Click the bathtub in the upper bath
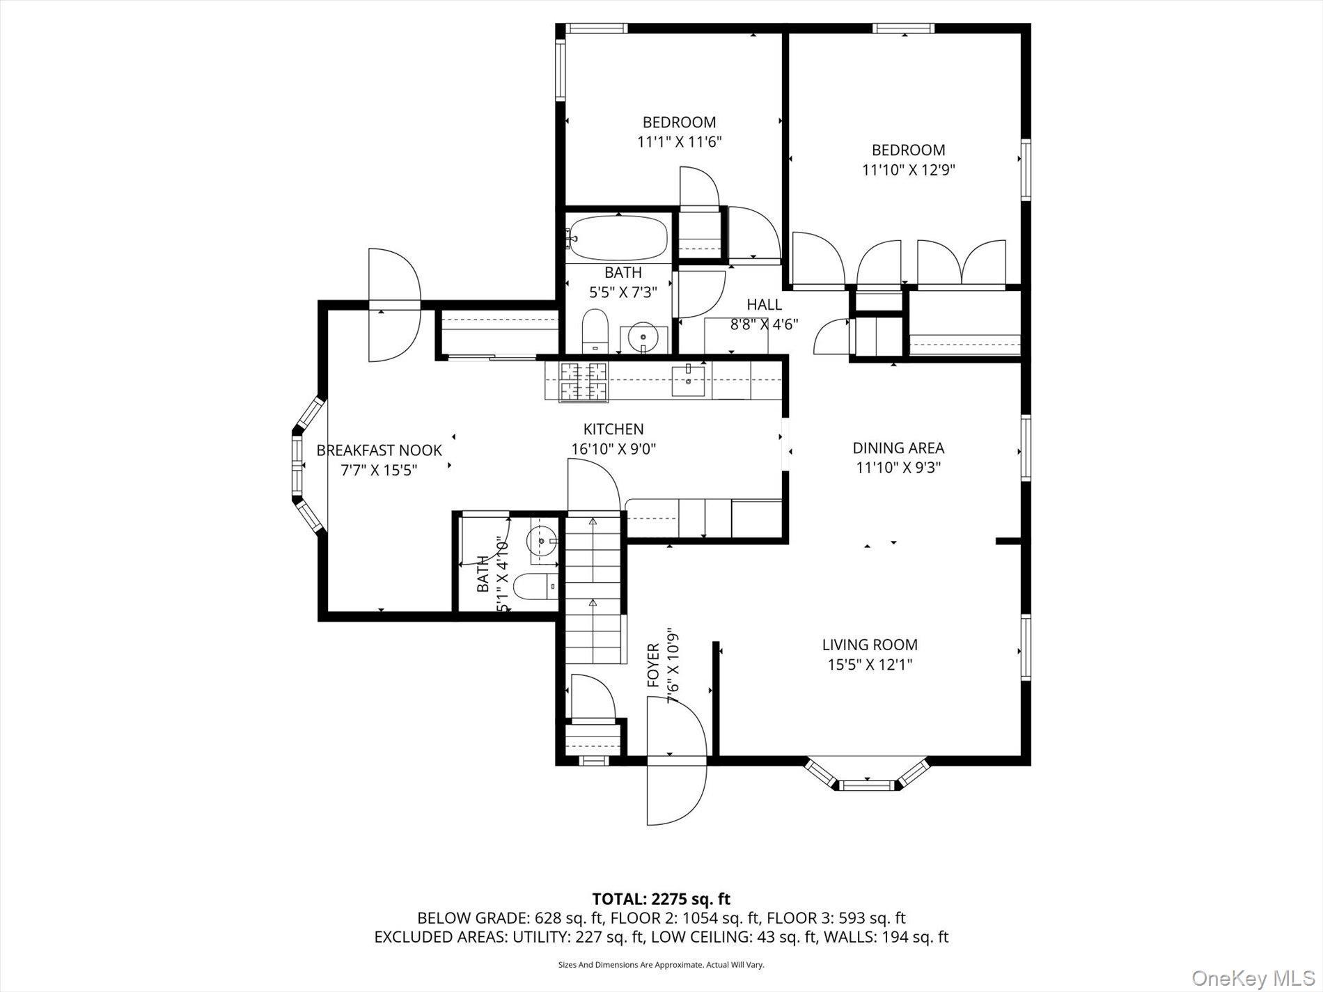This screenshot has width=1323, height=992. pos(618,237)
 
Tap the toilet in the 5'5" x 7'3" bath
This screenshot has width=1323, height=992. pos(595,332)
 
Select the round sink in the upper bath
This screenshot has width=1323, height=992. pos(642,339)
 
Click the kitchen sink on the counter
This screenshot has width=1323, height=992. pos(688,380)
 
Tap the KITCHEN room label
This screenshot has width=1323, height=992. pos(613,430)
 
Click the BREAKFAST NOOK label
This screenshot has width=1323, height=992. pos(379,450)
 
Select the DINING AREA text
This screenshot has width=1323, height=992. pos(898,448)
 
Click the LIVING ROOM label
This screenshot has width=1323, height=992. pos(870,645)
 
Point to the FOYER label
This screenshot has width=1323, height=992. pos(653,666)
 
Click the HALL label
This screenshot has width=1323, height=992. pos(764,305)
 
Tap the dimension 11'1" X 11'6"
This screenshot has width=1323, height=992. pos(679,142)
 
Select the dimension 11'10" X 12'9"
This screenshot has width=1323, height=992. pos(908,170)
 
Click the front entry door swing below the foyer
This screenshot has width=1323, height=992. pos(674,794)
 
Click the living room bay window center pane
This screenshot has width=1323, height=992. pos(866,785)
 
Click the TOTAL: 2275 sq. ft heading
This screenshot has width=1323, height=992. pos(661,899)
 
